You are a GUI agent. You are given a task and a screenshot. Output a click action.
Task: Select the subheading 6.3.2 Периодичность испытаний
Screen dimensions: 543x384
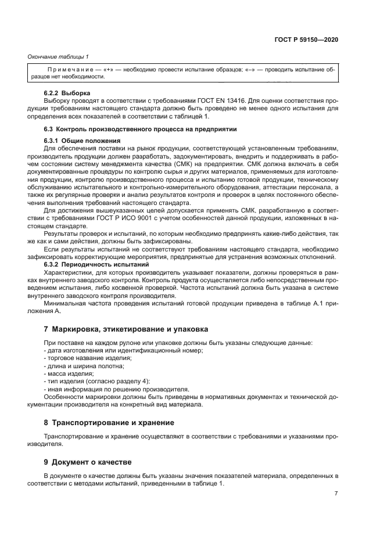96,265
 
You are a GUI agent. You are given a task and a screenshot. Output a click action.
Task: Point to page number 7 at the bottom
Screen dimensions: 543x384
336,493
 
